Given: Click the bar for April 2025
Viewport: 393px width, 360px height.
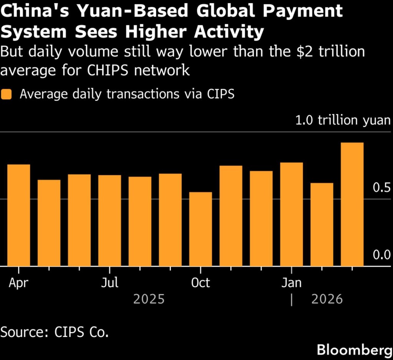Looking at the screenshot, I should [19, 215].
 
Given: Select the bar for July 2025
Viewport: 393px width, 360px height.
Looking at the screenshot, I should [109, 220].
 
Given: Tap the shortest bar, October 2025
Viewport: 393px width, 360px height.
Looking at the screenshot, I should [201, 229].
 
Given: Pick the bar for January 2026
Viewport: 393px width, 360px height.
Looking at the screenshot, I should [291, 214].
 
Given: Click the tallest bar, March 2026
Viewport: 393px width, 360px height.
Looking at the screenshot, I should [352, 204].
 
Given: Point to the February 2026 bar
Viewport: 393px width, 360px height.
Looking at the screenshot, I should [322, 224].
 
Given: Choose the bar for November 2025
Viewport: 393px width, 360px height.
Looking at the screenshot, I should [231, 216].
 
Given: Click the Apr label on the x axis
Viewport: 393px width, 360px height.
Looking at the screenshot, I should [18, 283].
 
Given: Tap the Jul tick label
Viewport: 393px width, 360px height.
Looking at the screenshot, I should [109, 283].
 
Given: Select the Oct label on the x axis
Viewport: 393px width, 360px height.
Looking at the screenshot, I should [200, 283].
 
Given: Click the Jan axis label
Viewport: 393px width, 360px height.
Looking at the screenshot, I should [291, 283].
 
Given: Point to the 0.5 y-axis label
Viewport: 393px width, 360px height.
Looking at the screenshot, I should [381, 188].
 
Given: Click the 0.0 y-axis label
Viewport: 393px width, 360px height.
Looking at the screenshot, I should [381, 255].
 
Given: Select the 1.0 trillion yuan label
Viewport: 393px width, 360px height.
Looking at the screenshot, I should [343, 120].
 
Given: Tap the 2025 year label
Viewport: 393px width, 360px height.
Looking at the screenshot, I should [149, 299].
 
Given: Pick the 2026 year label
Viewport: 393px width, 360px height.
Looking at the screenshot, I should [327, 299].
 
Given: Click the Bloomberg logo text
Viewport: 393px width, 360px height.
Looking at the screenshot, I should [352, 350].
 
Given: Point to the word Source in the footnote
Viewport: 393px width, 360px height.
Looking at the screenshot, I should [21, 332].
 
